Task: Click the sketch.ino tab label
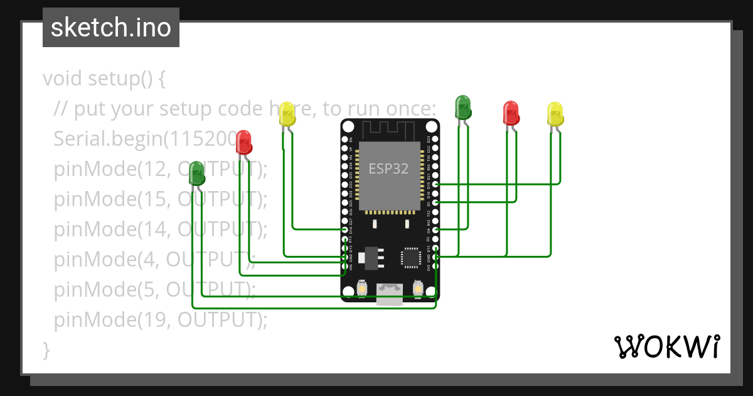(111, 28)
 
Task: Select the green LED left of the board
(197, 173)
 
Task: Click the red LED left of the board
(243, 143)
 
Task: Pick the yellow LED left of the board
(287, 114)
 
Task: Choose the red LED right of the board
(511, 113)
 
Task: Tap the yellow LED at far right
(555, 114)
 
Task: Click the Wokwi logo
(666, 346)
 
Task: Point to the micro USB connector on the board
(390, 294)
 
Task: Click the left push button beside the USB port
(362, 289)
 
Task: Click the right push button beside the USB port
(417, 289)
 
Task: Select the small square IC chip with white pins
(411, 257)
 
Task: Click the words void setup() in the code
(104, 79)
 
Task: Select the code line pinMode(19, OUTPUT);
(161, 320)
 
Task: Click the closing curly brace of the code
(46, 349)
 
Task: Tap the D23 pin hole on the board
(435, 139)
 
